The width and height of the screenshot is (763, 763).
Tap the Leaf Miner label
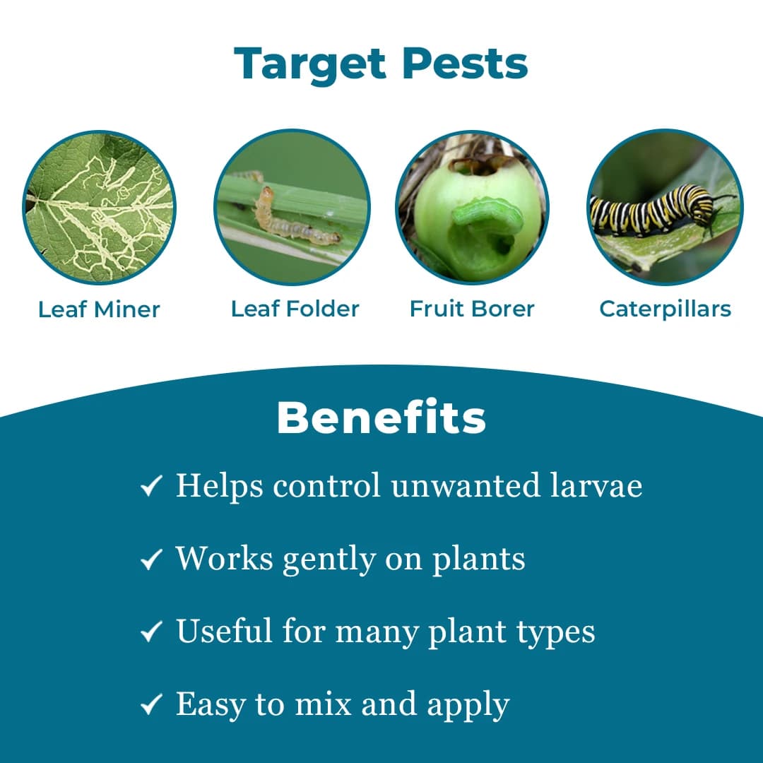99,309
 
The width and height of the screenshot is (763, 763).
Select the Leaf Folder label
295,309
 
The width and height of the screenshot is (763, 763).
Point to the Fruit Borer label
472,309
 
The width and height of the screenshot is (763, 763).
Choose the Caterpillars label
665,309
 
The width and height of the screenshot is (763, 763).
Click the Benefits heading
381,418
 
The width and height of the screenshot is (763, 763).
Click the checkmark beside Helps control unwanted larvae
151,487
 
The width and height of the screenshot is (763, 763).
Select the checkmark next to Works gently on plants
151,560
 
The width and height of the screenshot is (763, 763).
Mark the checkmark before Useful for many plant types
151,632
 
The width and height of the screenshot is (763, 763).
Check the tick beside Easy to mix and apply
151,705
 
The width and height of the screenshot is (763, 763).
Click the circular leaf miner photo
100,208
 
